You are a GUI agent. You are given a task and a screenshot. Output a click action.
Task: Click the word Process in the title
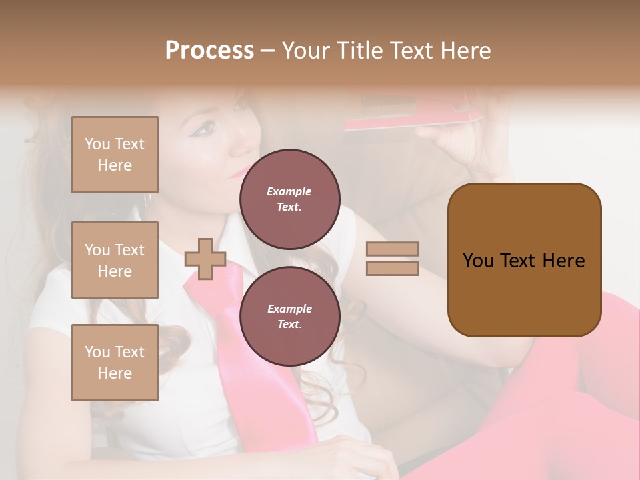point(209,51)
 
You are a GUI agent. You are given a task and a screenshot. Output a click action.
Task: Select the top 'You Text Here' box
point(115,155)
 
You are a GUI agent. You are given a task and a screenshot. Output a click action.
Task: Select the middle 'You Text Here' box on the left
point(115,260)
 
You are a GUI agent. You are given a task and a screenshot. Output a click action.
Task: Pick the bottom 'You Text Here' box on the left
point(115,363)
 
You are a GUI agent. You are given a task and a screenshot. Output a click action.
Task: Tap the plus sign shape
point(205,259)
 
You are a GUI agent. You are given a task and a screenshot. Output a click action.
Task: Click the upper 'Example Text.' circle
point(289,199)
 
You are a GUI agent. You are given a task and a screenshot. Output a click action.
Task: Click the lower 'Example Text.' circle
point(289,317)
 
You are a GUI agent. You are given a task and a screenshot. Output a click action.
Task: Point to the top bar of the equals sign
point(392,249)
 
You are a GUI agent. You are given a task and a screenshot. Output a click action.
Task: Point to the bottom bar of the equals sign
point(392,269)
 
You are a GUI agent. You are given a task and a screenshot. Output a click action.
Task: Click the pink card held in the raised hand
point(413,121)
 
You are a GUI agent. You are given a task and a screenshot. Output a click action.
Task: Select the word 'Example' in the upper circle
point(289,191)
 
